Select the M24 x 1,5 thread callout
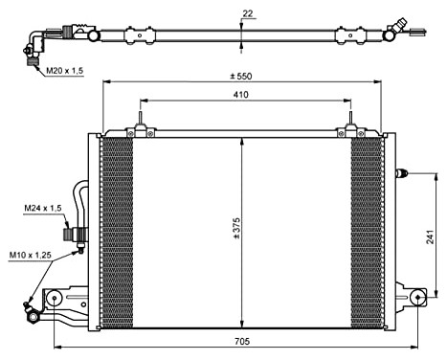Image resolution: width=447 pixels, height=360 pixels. (x=43, y=208)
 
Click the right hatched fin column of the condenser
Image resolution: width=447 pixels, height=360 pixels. (x=367, y=230)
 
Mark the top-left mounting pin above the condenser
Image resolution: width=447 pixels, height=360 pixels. (x=140, y=124)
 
